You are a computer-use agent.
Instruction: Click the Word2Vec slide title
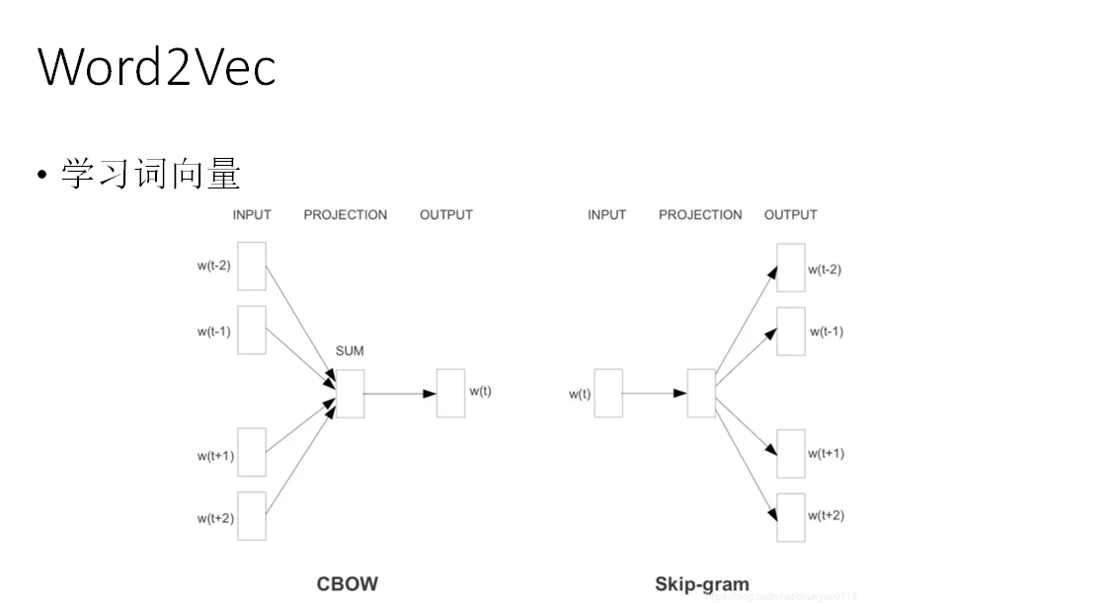pyautogui.click(x=157, y=67)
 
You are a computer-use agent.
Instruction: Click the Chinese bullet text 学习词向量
pyautogui.click(x=150, y=174)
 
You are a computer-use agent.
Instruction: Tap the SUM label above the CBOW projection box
pyautogui.click(x=350, y=351)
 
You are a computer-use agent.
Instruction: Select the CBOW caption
pyautogui.click(x=347, y=583)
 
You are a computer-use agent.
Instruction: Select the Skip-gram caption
pyautogui.click(x=701, y=583)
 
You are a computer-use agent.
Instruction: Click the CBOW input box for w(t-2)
pyautogui.click(x=252, y=266)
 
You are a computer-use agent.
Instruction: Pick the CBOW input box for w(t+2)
pyautogui.click(x=252, y=516)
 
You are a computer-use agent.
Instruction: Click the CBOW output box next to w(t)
pyautogui.click(x=450, y=393)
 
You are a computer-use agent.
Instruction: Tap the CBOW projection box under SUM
pyautogui.click(x=350, y=393)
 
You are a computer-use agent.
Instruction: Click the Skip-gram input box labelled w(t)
pyautogui.click(x=608, y=393)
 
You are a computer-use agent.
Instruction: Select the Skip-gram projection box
pyautogui.click(x=701, y=393)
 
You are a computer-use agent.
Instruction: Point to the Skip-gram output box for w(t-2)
pyautogui.click(x=790, y=267)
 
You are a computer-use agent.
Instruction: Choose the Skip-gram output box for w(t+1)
pyautogui.click(x=790, y=454)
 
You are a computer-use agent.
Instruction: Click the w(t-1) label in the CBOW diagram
pyautogui.click(x=213, y=332)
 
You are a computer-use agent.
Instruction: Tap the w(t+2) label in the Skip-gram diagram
pyautogui.click(x=826, y=515)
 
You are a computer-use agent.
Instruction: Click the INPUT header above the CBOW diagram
pyautogui.click(x=252, y=214)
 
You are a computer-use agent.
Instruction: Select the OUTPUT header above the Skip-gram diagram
pyautogui.click(x=790, y=214)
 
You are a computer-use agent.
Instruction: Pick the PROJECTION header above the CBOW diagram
pyautogui.click(x=346, y=214)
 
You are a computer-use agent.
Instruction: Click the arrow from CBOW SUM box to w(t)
pyautogui.click(x=400, y=393)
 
